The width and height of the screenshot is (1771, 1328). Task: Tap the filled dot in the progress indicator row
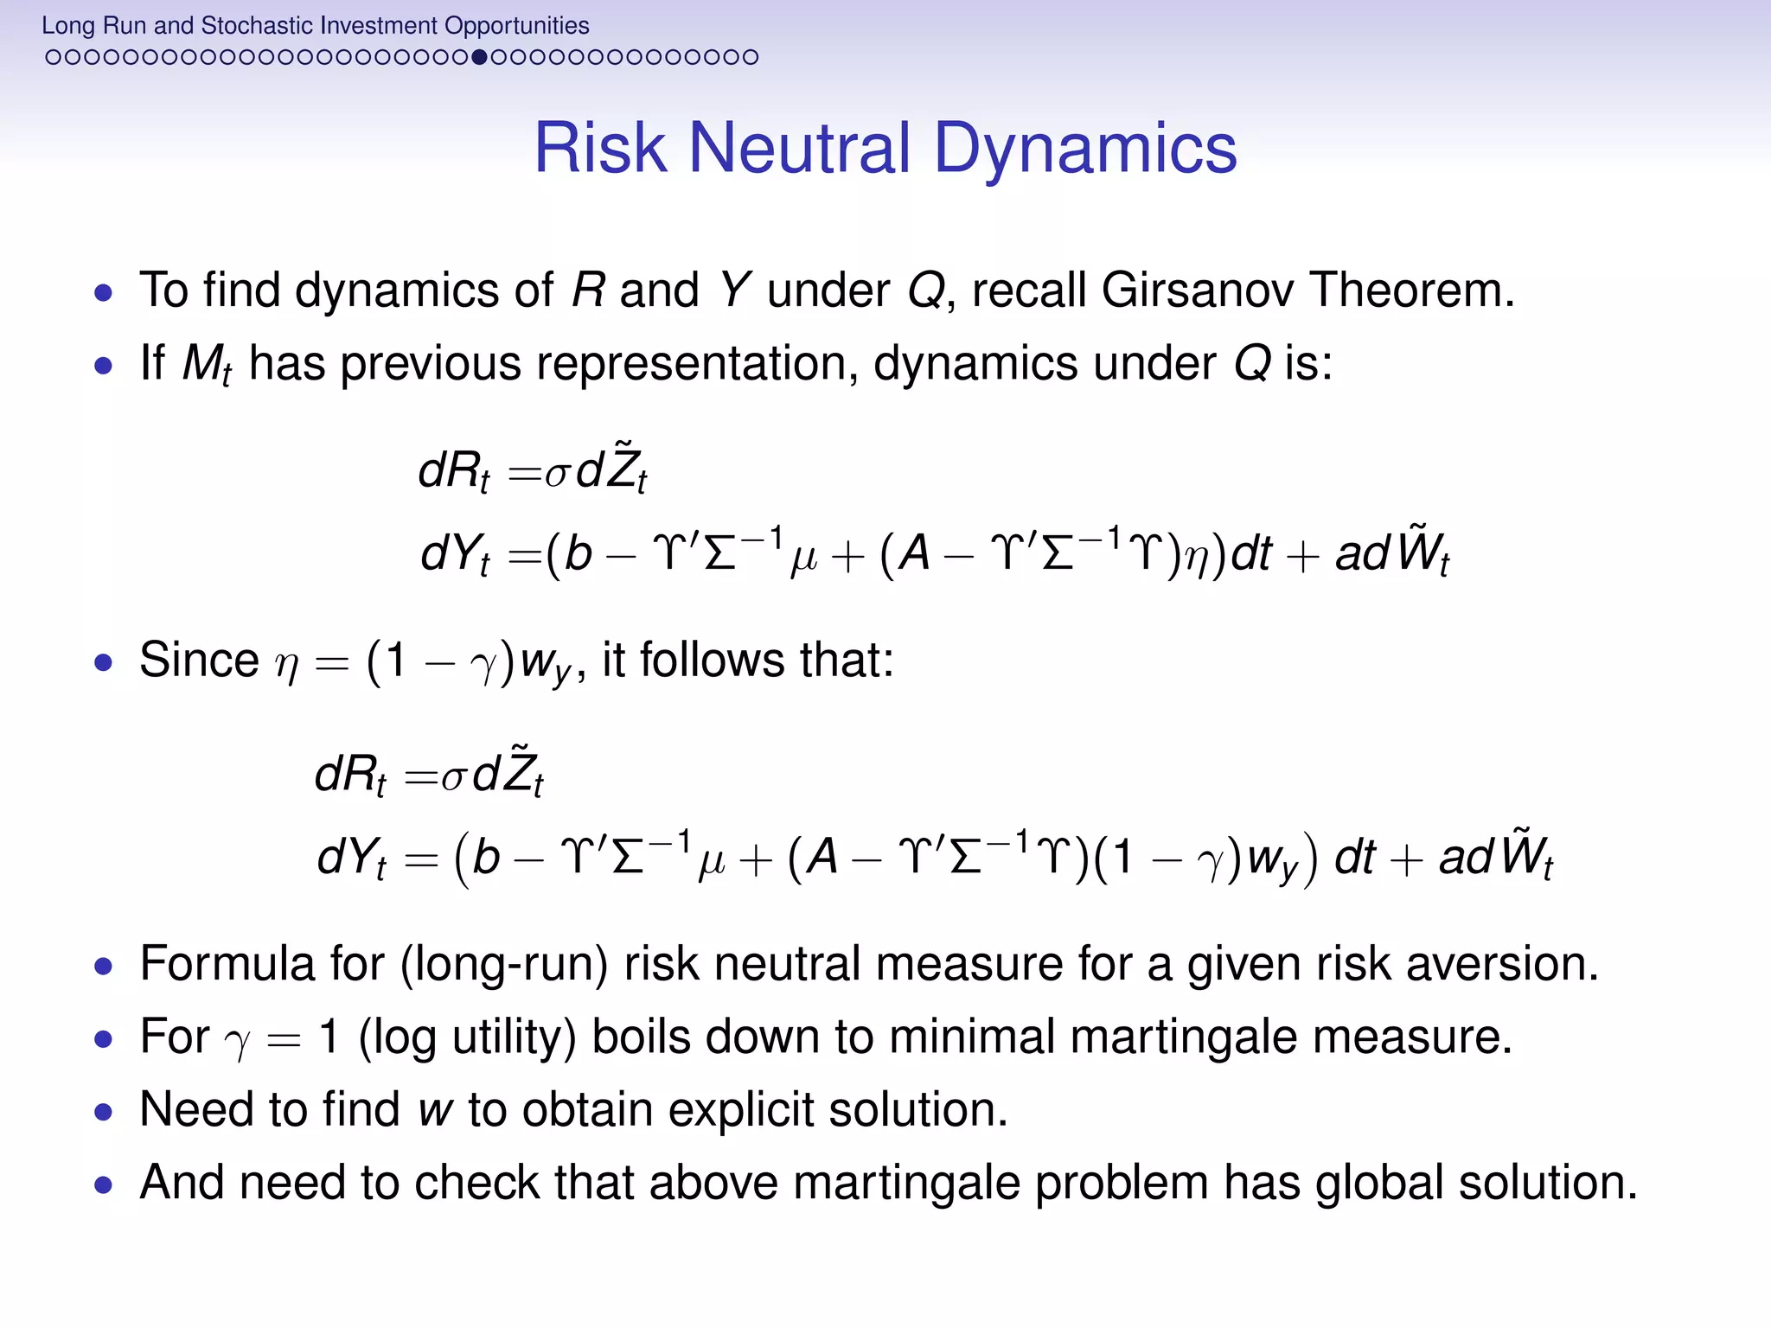pyautogui.click(x=481, y=57)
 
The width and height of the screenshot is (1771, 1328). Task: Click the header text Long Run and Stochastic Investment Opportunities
pyautogui.click(x=315, y=25)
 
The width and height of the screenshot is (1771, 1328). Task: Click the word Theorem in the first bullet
pyautogui.click(x=1411, y=290)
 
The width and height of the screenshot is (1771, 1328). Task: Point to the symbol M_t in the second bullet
pyautogui.click(x=206, y=364)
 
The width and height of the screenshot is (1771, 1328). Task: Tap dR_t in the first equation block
pyautogui.click(x=452, y=473)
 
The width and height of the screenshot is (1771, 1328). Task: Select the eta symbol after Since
pyautogui.click(x=286, y=663)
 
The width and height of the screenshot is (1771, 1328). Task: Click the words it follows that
pyautogui.click(x=747, y=661)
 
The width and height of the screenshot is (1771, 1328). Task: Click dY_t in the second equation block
pyautogui.click(x=351, y=858)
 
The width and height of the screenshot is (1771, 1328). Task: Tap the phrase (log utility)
pyautogui.click(x=467, y=1037)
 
